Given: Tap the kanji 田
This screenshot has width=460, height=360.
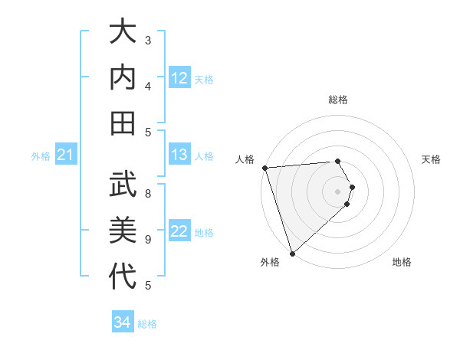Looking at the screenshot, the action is tap(123, 123).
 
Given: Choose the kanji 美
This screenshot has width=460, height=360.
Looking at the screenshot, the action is tap(123, 230).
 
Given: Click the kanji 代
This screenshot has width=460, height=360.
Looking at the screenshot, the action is tap(123, 276).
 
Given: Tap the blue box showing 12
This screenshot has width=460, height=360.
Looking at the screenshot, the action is tap(179, 78).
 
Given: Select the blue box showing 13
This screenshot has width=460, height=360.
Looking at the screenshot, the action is tap(179, 155).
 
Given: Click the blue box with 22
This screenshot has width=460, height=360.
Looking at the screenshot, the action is tap(179, 232).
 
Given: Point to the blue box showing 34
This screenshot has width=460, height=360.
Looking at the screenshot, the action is tap(122, 322).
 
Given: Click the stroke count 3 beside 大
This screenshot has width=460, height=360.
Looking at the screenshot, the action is tap(148, 40).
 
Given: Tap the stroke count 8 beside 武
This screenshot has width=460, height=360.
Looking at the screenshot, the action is tap(148, 193).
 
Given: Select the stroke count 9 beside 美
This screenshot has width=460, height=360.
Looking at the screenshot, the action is tap(148, 239).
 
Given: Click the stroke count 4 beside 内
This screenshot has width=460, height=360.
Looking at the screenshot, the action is tap(148, 86).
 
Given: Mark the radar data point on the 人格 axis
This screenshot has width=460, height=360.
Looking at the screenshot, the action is tap(264, 168).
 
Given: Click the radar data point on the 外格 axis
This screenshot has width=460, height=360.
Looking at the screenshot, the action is tap(292, 253).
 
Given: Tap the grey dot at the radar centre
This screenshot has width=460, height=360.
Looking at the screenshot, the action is tap(337, 191).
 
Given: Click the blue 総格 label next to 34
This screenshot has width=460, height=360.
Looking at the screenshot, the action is tap(147, 324).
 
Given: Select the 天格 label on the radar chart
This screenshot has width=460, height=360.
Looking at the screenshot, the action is tap(431, 159).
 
